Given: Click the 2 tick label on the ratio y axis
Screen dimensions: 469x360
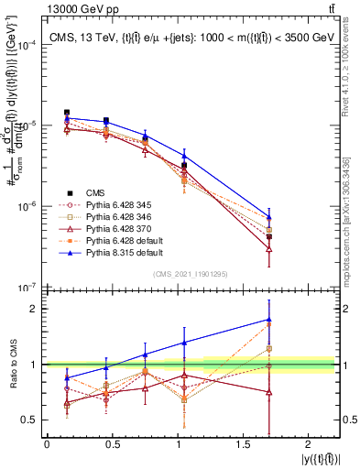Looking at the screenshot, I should pos(36,309).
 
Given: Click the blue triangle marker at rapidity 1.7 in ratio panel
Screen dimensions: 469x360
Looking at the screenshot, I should pos(268,320).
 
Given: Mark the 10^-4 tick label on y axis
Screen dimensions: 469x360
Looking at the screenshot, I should pos(27,44).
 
